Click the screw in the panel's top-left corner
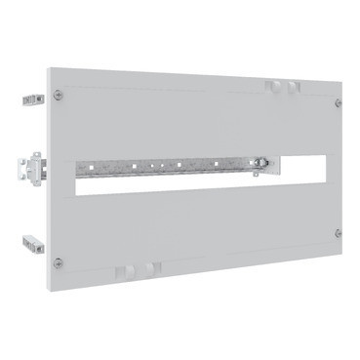tap(60, 95)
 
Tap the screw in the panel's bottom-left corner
tap(58, 261)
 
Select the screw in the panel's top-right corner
tap(339, 102)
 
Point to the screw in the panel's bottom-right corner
tap(338, 233)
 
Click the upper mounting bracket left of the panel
tap(33, 98)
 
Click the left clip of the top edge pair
tap(270, 87)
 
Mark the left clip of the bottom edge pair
tap(124, 270)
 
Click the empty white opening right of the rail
tap(299, 162)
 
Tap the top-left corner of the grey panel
tap(47, 71)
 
